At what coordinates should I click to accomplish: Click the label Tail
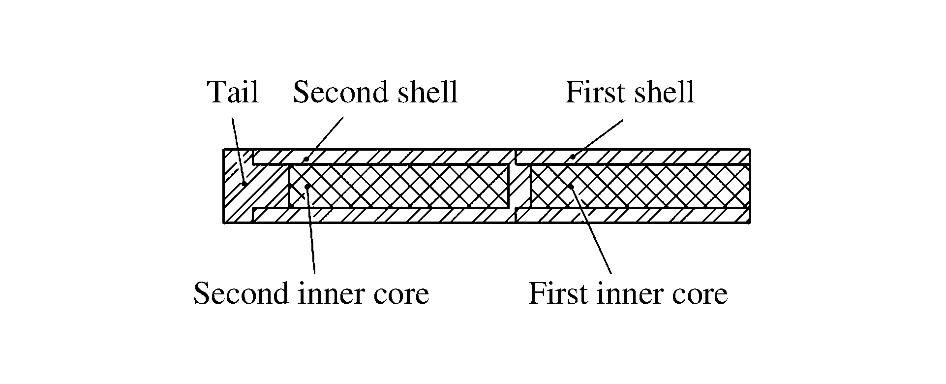pyautogui.click(x=234, y=92)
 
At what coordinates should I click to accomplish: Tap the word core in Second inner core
pyautogui.click(x=400, y=294)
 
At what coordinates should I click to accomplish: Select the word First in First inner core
pyautogui.click(x=559, y=294)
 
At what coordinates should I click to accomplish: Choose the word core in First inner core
pyautogui.click(x=700, y=294)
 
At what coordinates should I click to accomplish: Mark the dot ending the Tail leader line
pyautogui.click(x=244, y=184)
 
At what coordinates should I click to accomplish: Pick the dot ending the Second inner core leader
pyautogui.click(x=307, y=186)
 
